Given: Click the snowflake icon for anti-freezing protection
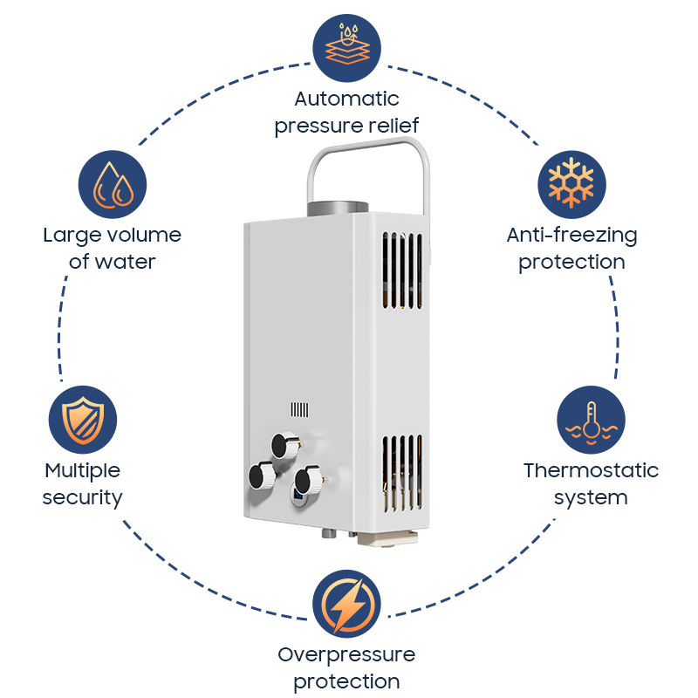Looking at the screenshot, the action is coord(571,184).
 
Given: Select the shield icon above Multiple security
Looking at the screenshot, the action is coord(83,420).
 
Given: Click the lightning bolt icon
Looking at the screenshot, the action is coord(346,604).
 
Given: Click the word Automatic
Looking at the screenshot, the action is coord(346,99).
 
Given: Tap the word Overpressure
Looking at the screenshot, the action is coord(346,655).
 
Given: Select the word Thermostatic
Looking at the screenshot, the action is coord(592,470).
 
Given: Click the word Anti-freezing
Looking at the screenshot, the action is coord(572,236).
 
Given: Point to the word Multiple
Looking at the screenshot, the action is coord(83,471).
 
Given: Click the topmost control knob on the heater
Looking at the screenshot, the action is coord(284,445).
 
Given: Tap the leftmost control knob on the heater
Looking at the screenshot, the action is coord(263,476).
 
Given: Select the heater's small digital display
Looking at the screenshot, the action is coord(298,494).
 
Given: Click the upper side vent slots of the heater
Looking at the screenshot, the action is coord(402,270).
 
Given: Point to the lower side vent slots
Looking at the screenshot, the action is coord(402,473).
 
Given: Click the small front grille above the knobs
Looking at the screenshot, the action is coord(299,409).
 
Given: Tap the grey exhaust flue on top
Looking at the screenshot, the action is coord(338,209).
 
